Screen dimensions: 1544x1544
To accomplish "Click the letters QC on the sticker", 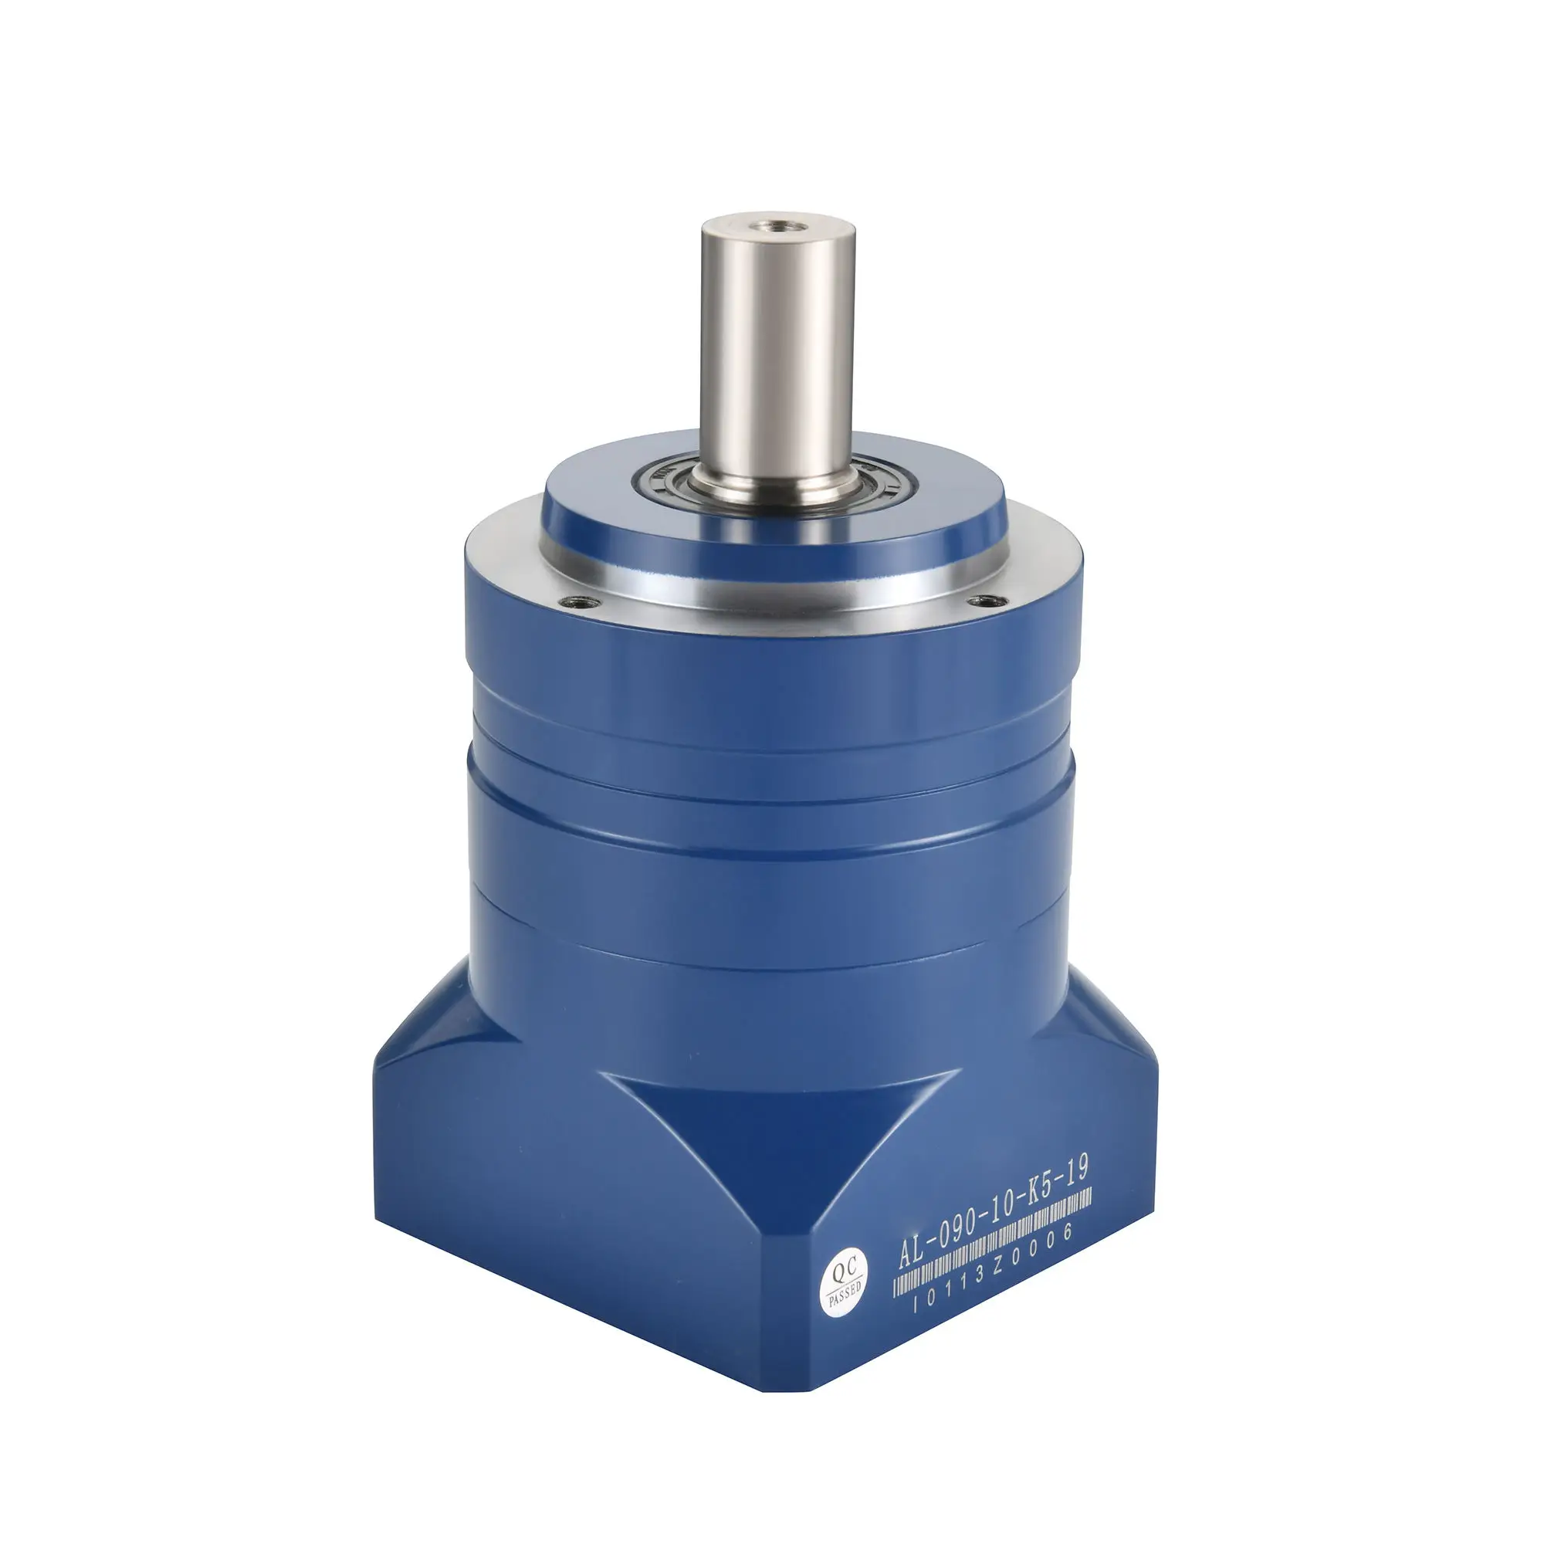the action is pyautogui.click(x=842, y=1270).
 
